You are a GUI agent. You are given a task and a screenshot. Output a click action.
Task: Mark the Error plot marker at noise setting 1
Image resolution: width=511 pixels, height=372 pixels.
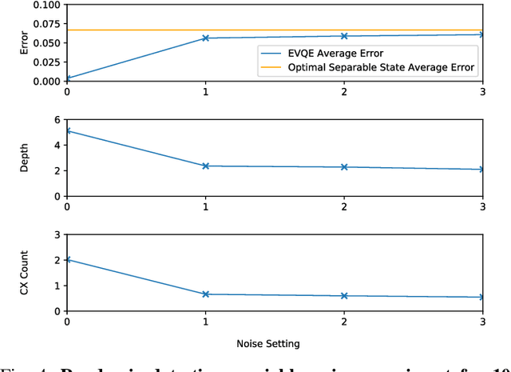tap(205, 38)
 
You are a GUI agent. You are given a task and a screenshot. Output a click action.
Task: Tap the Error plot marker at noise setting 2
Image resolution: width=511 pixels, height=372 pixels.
tap(344, 36)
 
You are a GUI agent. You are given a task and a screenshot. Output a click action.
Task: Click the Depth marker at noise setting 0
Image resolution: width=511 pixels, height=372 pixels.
tap(67, 130)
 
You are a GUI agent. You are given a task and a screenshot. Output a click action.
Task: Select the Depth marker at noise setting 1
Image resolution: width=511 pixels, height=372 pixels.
tap(205, 166)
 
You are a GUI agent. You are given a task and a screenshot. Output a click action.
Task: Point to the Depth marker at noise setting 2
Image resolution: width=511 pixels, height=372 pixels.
tap(344, 167)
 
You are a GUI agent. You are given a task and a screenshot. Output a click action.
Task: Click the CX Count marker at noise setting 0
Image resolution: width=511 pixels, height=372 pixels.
tap(67, 260)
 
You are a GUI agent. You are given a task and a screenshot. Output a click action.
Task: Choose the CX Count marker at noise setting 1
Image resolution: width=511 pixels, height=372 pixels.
tap(205, 294)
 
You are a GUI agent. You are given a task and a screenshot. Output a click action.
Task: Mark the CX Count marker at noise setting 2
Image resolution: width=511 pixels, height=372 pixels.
tap(344, 296)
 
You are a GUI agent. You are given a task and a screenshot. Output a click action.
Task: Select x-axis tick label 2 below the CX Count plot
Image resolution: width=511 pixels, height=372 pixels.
tap(344, 322)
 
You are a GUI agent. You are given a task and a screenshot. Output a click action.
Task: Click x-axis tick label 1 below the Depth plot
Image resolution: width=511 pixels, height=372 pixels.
tap(205, 206)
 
